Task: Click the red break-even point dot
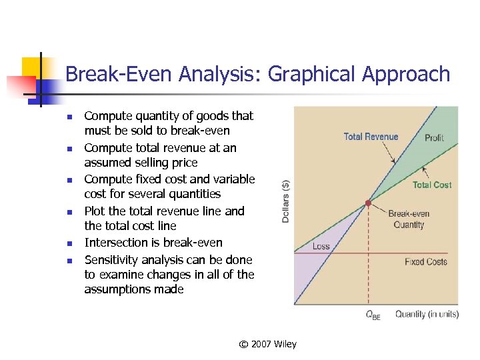point(368,203)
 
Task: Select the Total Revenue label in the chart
point(371,137)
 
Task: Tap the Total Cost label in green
point(431,185)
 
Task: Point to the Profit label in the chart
point(434,137)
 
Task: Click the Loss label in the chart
point(321,246)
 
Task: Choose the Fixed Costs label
point(425,261)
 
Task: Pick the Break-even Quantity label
point(409,219)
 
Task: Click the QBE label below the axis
point(373,315)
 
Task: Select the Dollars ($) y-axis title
point(285,201)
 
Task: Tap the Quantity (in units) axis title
point(427,314)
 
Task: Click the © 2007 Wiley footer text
point(268,344)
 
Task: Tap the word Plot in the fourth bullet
point(95,211)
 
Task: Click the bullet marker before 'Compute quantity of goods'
point(68,117)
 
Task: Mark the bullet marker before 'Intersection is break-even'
point(68,244)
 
